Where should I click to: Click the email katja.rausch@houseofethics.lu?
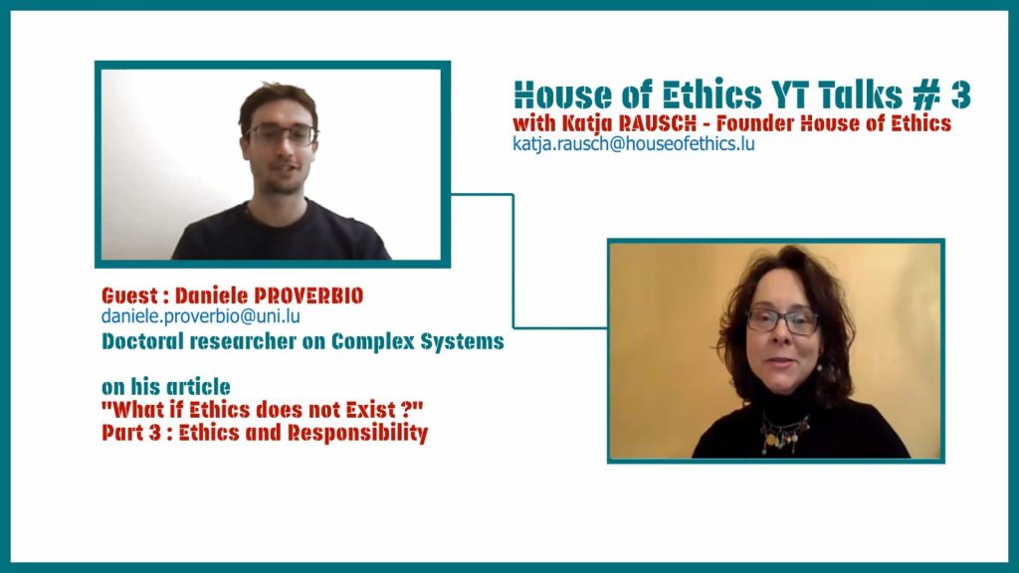(x=634, y=143)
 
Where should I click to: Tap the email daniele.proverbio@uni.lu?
(x=200, y=316)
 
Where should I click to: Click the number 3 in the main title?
(x=960, y=95)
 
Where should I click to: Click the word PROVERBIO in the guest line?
(x=308, y=295)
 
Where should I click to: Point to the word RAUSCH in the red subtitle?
(x=657, y=122)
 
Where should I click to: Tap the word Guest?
(x=129, y=295)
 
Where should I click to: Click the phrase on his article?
(x=166, y=387)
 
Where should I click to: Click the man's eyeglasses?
(x=281, y=134)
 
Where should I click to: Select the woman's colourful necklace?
(x=785, y=434)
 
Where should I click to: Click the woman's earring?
(x=819, y=367)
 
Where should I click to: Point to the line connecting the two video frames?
(x=513, y=261)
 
